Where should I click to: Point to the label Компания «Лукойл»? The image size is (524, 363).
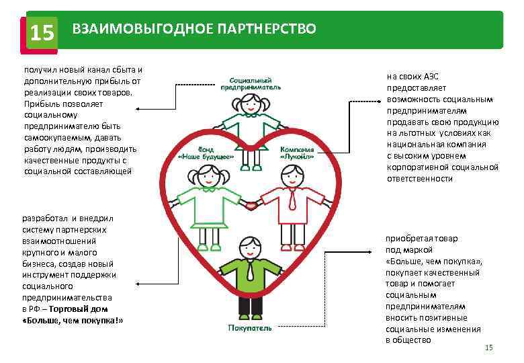pyautogui.click(x=298, y=153)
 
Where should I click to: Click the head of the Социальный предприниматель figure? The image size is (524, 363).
pyautogui.click(x=251, y=103)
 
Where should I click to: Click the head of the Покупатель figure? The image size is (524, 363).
pyautogui.click(x=249, y=245)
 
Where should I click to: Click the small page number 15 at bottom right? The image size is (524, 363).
pyautogui.click(x=488, y=347)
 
